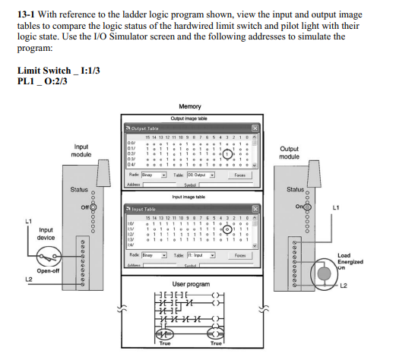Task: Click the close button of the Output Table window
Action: (255, 128)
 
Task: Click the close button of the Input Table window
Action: (255, 207)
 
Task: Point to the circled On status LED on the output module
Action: (304, 206)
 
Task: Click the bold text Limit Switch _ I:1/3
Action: (58, 70)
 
